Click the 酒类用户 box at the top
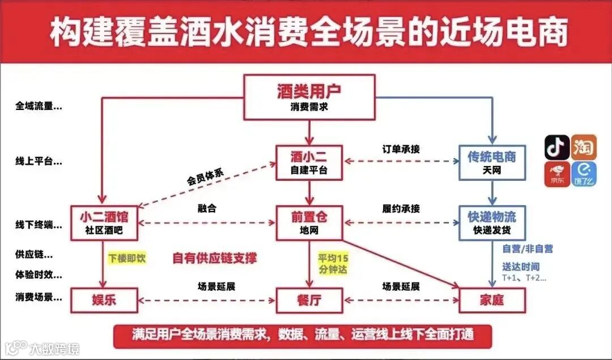309,97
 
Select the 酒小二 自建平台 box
309,162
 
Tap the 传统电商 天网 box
492,162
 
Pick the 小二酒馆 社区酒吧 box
104,222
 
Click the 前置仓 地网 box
309,222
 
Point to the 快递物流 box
492,222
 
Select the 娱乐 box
104,299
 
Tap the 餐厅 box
309,299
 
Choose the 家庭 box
492,299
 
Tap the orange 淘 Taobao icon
584,147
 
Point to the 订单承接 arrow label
401,149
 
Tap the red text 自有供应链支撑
215,259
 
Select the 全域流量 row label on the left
39,106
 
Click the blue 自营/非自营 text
528,248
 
